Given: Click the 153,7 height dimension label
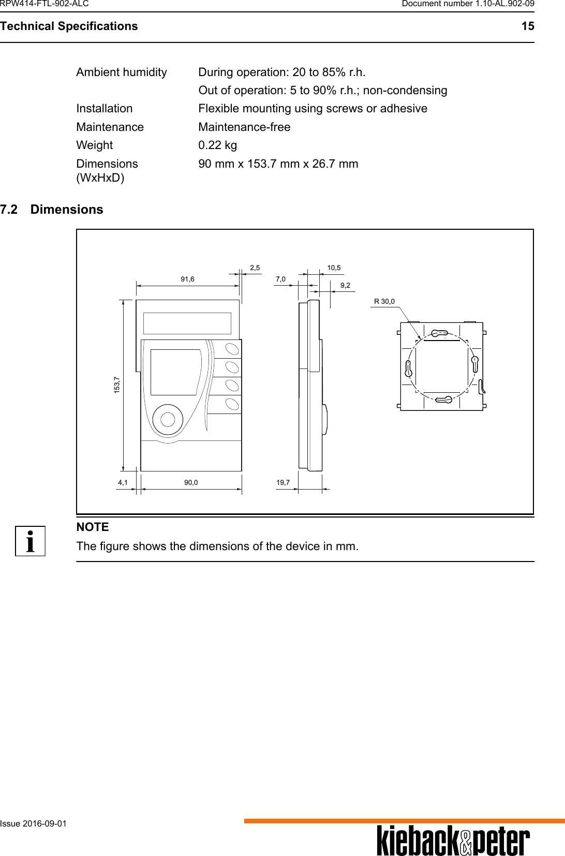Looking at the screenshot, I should (x=117, y=385).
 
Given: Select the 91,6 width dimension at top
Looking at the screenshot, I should (x=187, y=279).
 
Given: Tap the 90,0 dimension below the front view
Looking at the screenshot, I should (x=191, y=482).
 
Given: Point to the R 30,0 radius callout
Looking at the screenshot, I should (x=384, y=301).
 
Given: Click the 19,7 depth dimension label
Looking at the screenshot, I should (x=283, y=482).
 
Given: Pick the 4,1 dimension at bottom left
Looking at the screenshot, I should (x=123, y=482).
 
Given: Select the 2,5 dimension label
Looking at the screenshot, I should (x=255, y=268).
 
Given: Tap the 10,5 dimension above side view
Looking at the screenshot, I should (x=334, y=268).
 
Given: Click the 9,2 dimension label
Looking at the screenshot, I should (x=345, y=285).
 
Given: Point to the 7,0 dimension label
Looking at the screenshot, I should (x=280, y=279).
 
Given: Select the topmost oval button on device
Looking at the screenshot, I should (x=232, y=348).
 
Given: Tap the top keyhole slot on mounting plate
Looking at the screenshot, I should (x=439, y=334).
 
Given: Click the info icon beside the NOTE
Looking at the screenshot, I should (x=30, y=541).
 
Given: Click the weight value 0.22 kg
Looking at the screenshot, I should (x=218, y=145).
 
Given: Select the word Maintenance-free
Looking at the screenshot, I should (x=244, y=127).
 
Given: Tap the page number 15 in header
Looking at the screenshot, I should (x=527, y=26).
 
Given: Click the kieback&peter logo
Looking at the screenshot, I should (x=453, y=841).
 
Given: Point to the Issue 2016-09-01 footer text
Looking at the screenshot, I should (x=34, y=823).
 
